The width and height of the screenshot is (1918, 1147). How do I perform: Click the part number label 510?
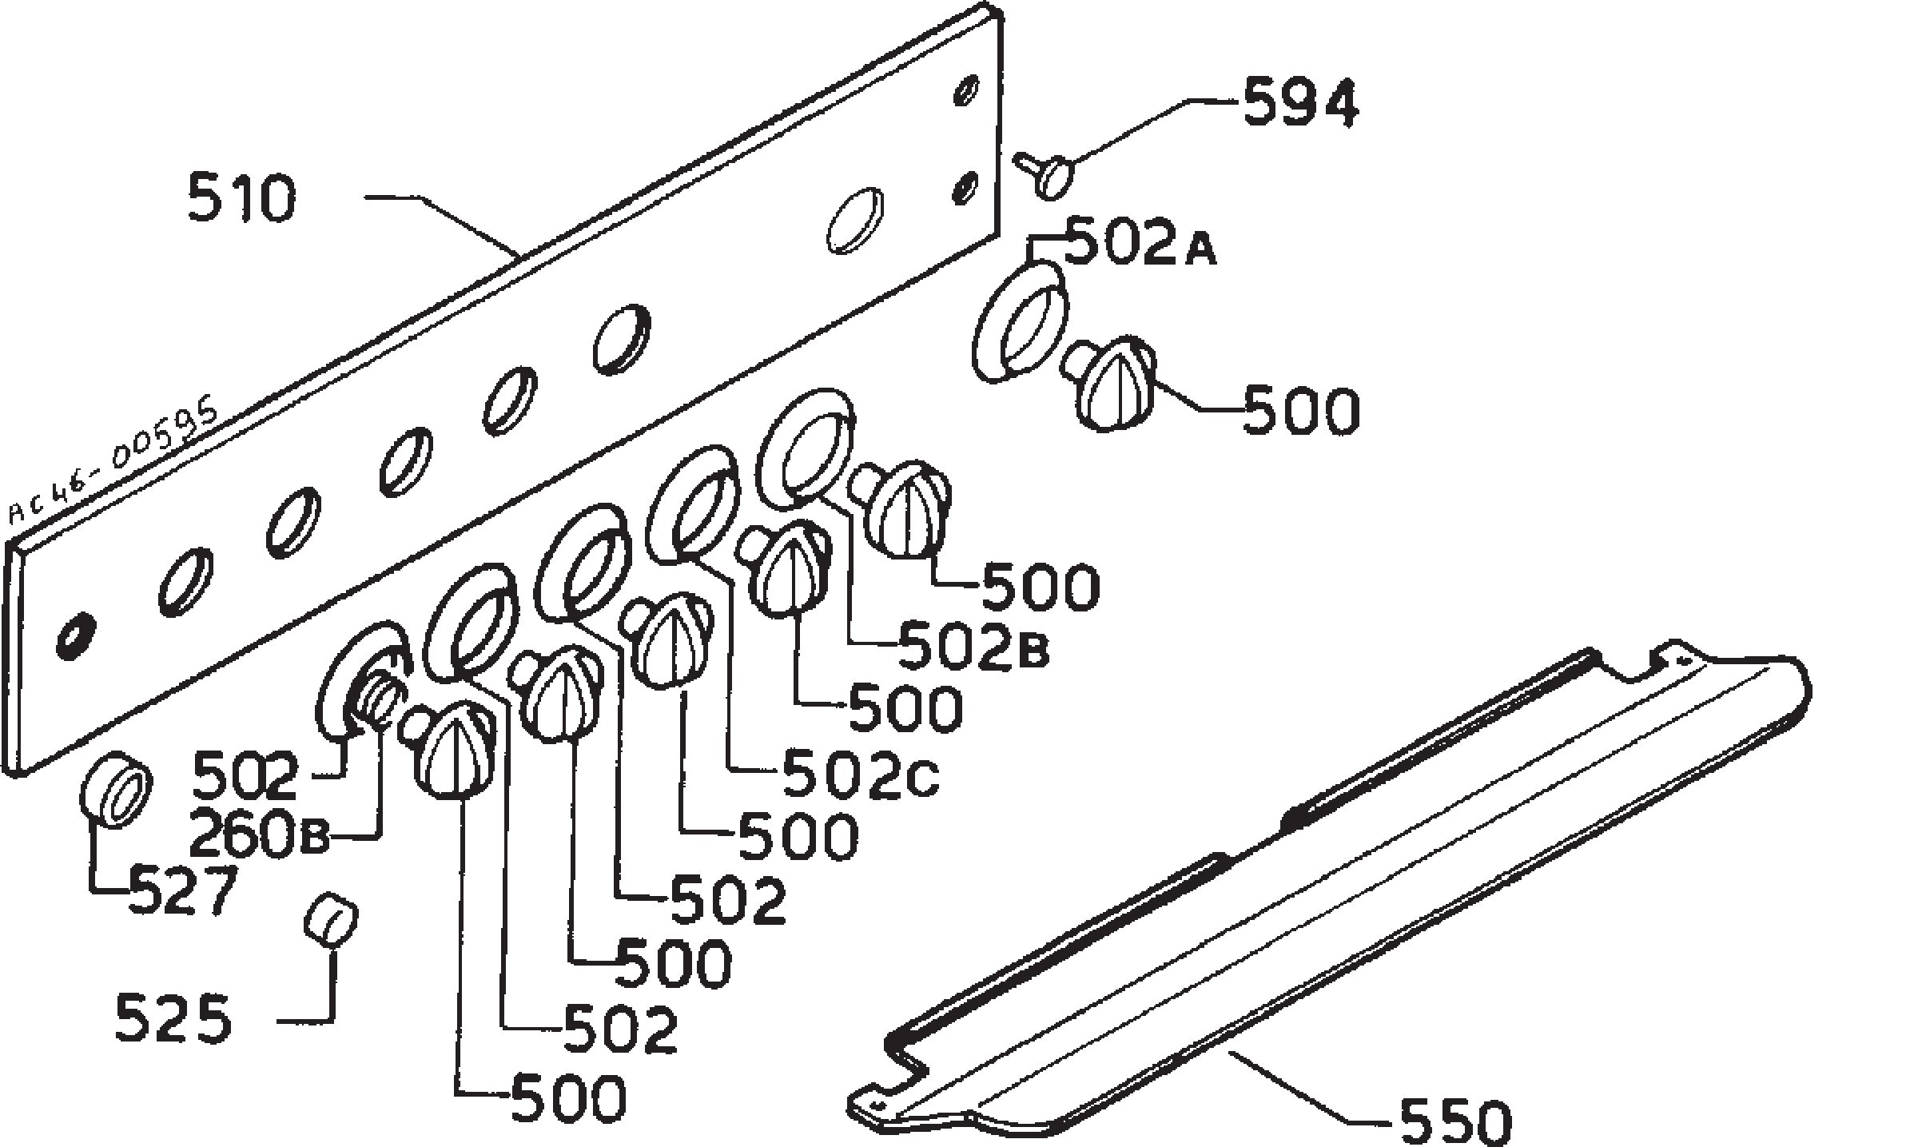(x=241, y=199)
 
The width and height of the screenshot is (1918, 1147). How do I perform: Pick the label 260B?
(x=258, y=838)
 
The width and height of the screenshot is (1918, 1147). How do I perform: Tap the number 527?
(x=182, y=890)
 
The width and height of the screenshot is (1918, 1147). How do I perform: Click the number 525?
(x=173, y=1019)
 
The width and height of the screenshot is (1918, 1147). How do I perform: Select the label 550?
(x=1455, y=1121)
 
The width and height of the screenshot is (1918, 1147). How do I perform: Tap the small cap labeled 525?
(x=330, y=920)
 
